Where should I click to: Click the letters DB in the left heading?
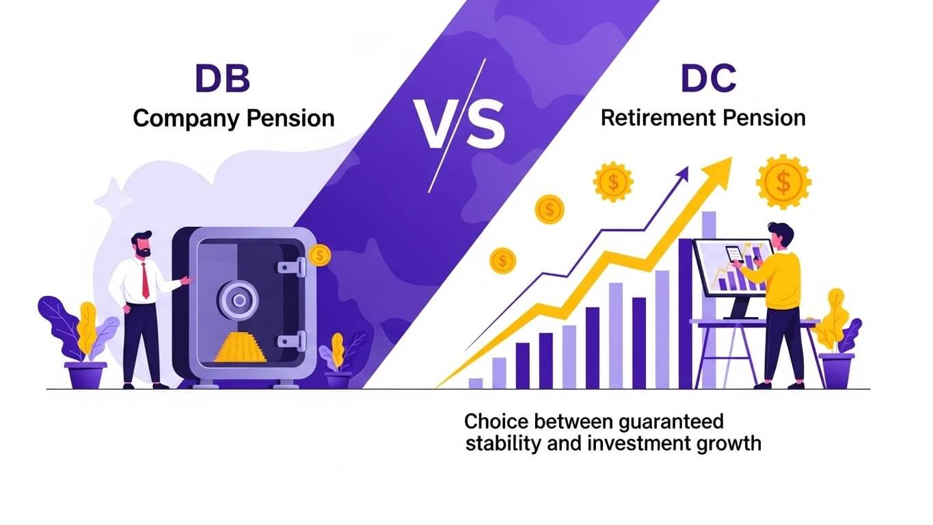pos(223,79)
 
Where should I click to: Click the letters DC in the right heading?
pos(708,79)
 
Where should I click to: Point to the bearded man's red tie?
pos(145,280)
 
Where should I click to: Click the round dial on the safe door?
pos(238,298)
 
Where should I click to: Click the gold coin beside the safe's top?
pos(319,256)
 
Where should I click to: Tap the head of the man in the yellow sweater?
pos(779,235)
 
